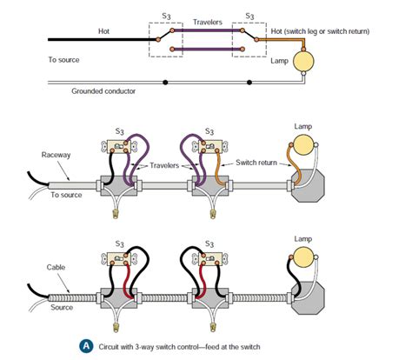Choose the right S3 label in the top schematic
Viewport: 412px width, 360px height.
click(249, 17)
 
